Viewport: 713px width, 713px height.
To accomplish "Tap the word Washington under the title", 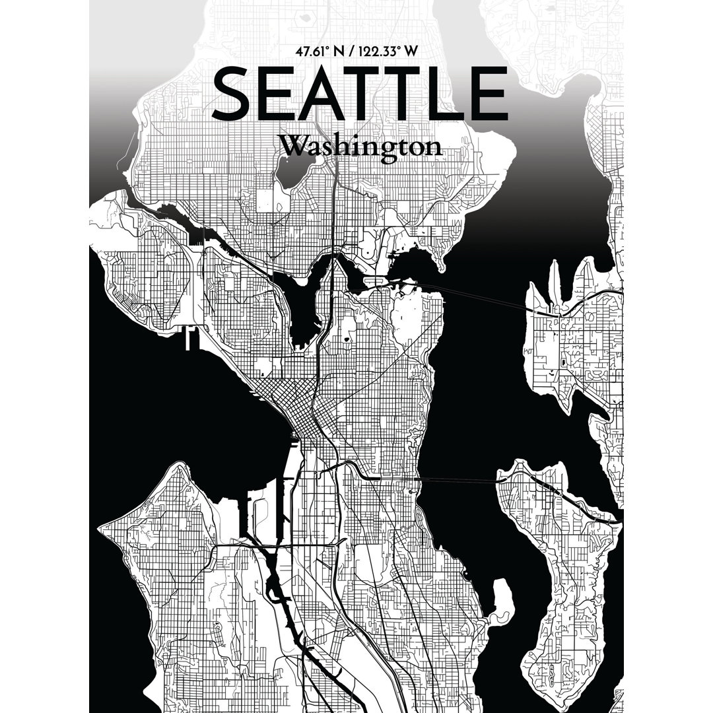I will pos(360,146).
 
